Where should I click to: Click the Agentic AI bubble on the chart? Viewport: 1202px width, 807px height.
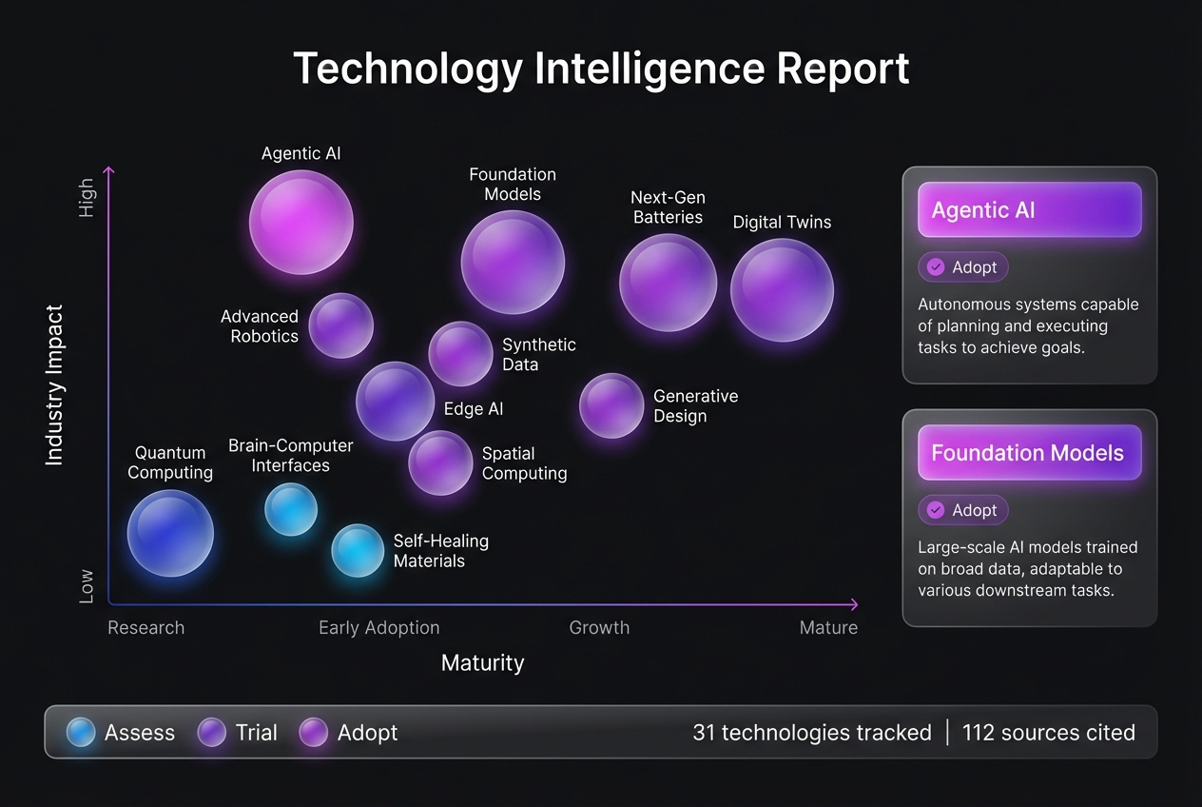pyautogui.click(x=300, y=222)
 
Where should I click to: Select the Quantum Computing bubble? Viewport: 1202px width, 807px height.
pyautogui.click(x=170, y=533)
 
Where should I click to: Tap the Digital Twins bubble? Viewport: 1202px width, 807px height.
pyautogui.click(x=782, y=290)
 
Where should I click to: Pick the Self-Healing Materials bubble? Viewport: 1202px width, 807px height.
pyautogui.click(x=358, y=550)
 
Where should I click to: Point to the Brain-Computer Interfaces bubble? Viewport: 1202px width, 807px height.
pyautogui.click(x=291, y=509)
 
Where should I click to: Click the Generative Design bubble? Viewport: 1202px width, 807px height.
pyautogui.click(x=611, y=405)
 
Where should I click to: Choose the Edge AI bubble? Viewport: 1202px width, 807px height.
pyautogui.click(x=395, y=401)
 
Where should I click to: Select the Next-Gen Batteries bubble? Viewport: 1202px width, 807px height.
pyautogui.click(x=668, y=283)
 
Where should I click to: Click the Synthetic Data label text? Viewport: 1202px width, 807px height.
pyautogui.click(x=538, y=354)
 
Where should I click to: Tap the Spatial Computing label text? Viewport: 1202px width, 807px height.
pyautogui.click(x=524, y=463)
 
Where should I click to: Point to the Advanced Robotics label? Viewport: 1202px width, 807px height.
pyautogui.click(x=260, y=325)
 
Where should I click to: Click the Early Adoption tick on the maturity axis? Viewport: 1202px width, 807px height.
pyautogui.click(x=378, y=628)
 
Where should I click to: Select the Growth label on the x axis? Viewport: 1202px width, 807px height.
pyautogui.click(x=599, y=628)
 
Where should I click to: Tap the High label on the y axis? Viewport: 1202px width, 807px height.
pyautogui.click(x=87, y=197)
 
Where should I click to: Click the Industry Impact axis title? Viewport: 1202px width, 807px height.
pyautogui.click(x=54, y=384)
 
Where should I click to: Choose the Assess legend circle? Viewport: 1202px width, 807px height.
pyautogui.click(x=81, y=732)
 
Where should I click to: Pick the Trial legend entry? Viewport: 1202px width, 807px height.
pyautogui.click(x=238, y=732)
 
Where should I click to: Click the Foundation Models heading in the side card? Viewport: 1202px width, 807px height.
pyautogui.click(x=1027, y=453)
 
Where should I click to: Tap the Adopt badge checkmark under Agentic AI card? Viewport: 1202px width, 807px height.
pyautogui.click(x=936, y=267)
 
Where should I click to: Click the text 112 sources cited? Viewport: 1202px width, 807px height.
pyautogui.click(x=1048, y=732)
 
